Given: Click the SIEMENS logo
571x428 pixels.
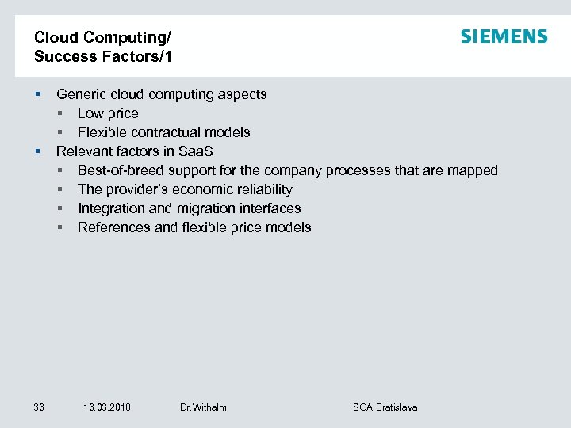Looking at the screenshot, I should [504, 36].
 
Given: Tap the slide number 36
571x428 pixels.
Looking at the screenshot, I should [39, 407].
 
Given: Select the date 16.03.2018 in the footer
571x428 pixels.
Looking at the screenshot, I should [107, 407].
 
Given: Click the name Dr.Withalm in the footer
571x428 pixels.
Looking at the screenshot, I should [203, 407].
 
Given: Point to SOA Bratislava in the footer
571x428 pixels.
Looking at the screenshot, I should [385, 407].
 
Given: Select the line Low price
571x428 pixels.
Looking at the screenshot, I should [108, 113].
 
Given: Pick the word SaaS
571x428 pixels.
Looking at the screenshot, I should [195, 151].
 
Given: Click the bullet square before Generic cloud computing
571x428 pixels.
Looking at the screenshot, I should [37, 95].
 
